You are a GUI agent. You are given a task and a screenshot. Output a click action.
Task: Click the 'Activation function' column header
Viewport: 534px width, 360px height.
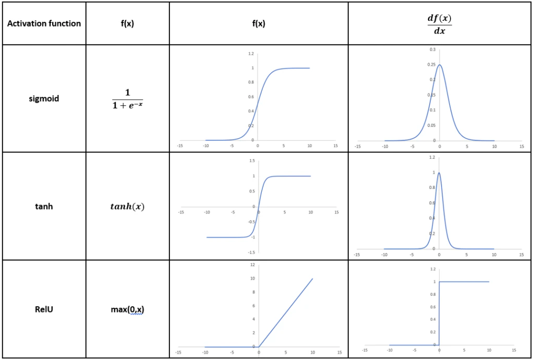44,23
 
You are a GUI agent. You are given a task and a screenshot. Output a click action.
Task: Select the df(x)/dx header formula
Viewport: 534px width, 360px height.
439,23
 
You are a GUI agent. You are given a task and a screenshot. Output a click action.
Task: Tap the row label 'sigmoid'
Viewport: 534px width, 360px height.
44,99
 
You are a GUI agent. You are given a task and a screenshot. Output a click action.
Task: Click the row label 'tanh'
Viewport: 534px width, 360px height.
44,206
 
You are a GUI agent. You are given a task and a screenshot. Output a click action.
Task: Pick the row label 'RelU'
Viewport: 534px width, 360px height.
44,309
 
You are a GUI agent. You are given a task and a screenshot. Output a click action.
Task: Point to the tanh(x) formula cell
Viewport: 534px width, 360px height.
127,207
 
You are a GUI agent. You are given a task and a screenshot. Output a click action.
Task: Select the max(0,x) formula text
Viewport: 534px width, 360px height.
127,310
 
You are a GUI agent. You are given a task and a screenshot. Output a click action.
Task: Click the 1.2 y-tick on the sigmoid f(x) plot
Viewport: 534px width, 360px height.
251,54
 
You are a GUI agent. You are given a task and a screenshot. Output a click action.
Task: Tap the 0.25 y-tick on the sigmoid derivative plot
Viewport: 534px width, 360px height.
432,65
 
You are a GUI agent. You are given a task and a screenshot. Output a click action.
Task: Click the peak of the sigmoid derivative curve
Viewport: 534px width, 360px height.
440,65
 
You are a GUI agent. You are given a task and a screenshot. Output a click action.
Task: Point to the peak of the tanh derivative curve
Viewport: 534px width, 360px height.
439,173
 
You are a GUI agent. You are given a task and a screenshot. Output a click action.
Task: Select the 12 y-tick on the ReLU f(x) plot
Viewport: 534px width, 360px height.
252,265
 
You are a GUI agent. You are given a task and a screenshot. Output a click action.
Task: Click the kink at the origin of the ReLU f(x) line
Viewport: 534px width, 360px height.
259,346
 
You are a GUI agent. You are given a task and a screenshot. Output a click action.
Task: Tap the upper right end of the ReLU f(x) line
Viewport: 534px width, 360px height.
312,279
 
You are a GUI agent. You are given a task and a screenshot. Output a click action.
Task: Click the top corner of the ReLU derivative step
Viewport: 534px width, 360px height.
440,282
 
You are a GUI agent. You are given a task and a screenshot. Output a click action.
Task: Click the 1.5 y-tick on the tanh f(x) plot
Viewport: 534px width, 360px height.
251,161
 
